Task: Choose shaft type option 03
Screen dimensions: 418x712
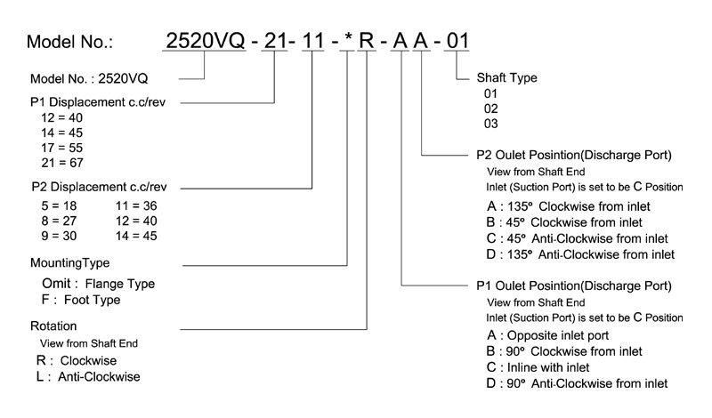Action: click(490, 123)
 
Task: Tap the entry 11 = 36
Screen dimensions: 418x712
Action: click(140, 205)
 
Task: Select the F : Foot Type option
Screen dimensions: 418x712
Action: click(79, 300)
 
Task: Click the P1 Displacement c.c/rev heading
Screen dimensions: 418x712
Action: click(98, 103)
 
